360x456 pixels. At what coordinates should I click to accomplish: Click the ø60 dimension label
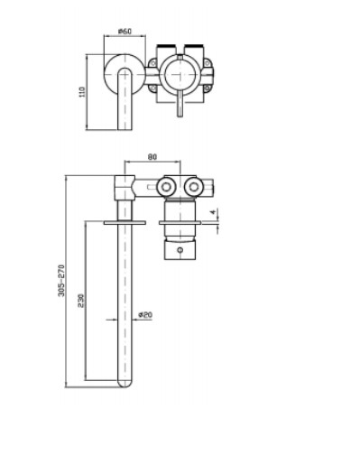tap(125, 31)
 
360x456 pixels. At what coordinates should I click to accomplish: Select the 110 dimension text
tap(82, 92)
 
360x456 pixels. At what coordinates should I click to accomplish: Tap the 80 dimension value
tap(152, 157)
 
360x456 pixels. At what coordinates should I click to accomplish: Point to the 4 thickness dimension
tap(213, 212)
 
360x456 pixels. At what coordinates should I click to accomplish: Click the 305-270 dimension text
tap(61, 281)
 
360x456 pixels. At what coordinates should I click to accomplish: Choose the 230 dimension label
tap(81, 301)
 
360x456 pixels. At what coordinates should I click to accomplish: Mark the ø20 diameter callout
tap(145, 315)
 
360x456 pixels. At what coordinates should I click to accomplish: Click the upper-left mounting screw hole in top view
tap(153, 63)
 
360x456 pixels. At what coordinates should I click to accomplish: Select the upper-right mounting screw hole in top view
tap(207, 63)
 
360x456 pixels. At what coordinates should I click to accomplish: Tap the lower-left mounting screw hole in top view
tap(153, 88)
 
